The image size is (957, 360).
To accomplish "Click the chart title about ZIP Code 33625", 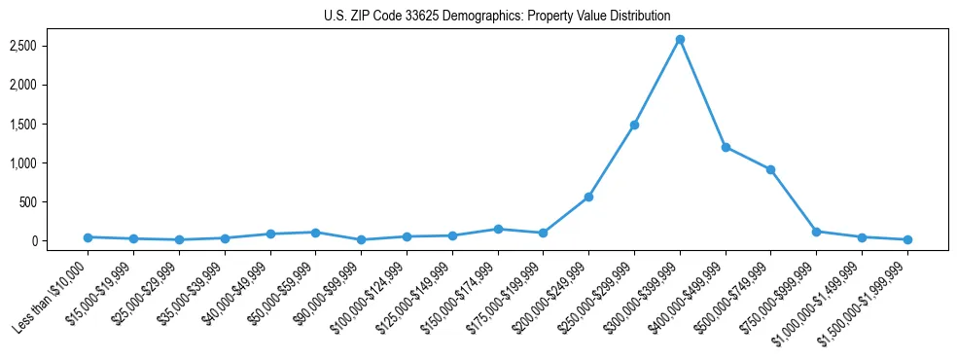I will [x=497, y=16].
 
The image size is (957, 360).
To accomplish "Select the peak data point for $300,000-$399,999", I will [x=680, y=40].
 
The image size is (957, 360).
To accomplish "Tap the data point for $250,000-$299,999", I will [x=634, y=125].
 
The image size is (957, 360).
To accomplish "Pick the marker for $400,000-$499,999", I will [x=726, y=147].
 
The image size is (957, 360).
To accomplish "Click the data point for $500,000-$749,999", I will [x=770, y=169].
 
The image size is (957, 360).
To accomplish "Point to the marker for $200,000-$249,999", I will [x=588, y=197].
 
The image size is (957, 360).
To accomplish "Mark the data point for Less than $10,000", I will [x=88, y=237].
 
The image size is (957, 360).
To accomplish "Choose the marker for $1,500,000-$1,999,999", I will [x=907, y=239].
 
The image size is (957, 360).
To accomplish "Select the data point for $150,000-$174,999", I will [x=498, y=229].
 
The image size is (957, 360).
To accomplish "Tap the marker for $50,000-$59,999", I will [x=315, y=233].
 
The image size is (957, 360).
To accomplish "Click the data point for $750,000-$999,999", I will [x=816, y=232].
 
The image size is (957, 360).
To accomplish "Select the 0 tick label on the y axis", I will [x=59, y=241].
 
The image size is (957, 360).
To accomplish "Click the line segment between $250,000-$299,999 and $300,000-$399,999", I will [x=657, y=82].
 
